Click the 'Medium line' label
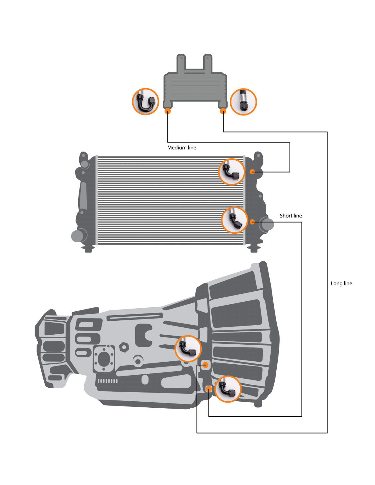point(181,148)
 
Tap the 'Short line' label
point(291,216)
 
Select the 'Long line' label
point(341,283)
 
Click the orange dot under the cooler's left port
point(167,111)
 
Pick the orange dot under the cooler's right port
point(223,111)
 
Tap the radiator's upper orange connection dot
point(252,172)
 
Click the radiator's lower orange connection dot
point(252,222)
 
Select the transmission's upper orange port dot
point(205,365)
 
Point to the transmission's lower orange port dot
point(209,389)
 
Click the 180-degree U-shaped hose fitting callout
point(145,102)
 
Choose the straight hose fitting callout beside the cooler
point(243,102)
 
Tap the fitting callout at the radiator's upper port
point(232,172)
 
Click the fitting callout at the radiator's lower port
point(235,220)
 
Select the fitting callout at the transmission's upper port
point(188,349)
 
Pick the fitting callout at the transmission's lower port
point(228,389)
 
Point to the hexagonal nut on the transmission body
point(124,347)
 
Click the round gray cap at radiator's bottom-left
point(77,236)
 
